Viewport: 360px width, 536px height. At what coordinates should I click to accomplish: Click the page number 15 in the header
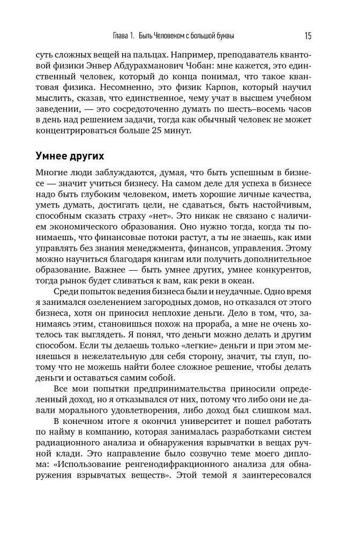(x=307, y=36)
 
